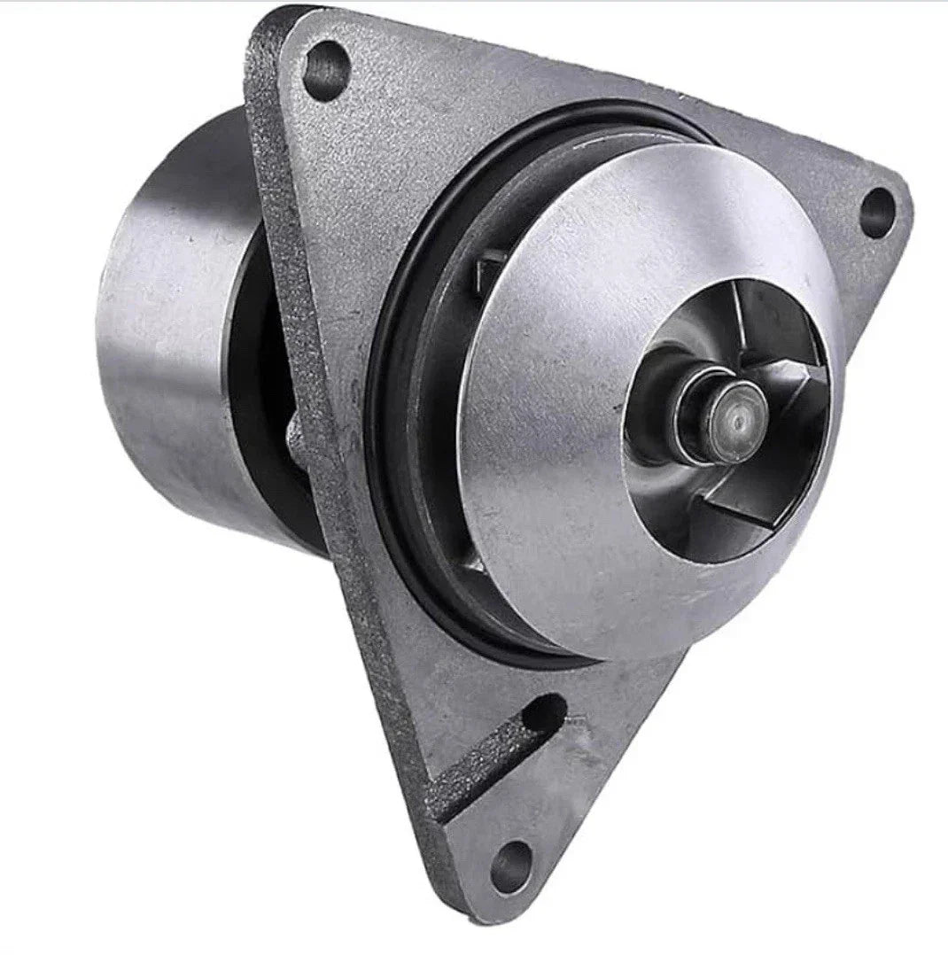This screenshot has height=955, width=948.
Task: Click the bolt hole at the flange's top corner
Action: point(325,69)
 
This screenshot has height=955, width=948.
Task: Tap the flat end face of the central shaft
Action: point(734,412)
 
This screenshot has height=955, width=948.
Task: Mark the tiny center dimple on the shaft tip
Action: point(736,412)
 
